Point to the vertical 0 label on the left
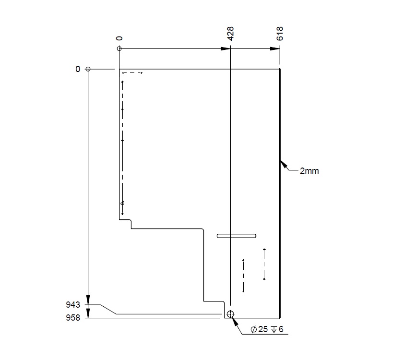(x=78, y=69)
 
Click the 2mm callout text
(x=309, y=170)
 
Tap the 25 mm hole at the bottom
(x=230, y=314)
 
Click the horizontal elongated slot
(x=237, y=236)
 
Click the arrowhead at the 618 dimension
(x=275, y=49)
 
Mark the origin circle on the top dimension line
(x=119, y=49)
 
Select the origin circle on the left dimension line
(x=88, y=69)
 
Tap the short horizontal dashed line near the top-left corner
(x=132, y=73)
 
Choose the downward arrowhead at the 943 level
(x=88, y=300)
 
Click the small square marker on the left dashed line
(x=122, y=203)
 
